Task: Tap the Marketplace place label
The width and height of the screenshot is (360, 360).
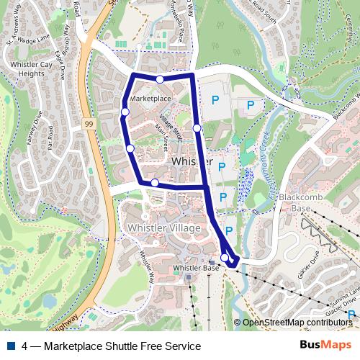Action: (150, 98)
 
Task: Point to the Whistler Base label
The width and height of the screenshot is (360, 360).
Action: (197, 268)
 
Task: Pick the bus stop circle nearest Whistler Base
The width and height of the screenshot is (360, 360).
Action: (225, 258)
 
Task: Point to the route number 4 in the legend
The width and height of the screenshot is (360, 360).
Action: (25, 346)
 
